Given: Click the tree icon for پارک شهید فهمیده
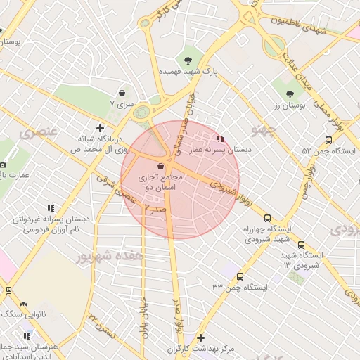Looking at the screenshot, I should coord(188,59).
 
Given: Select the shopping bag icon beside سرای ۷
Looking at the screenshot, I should coord(122,92).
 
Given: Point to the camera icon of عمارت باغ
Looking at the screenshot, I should coord(3,164).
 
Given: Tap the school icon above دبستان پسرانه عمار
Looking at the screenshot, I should coord(220,139).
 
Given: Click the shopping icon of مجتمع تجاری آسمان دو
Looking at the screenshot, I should coord(162,167).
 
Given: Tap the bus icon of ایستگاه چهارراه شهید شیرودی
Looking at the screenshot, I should coord(268,217).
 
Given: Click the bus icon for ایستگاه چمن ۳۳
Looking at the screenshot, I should coord(240,276).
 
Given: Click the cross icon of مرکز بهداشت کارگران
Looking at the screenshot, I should coord(202,338).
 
